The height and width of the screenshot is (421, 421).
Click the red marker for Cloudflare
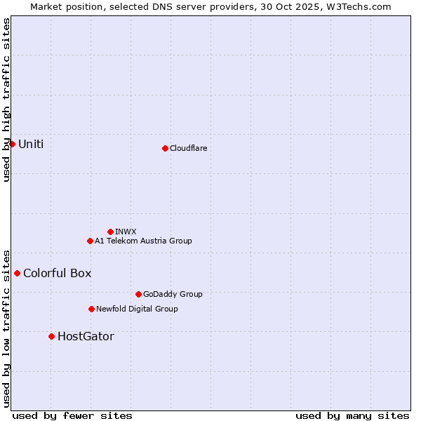click(165, 148)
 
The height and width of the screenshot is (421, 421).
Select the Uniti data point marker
click(12, 144)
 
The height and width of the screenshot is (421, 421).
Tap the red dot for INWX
click(110, 232)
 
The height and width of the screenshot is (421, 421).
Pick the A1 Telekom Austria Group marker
click(90, 241)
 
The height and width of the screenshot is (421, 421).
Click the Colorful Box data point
click(17, 273)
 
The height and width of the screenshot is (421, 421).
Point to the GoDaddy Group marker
click(138, 294)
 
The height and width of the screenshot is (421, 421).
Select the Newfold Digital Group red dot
click(91, 309)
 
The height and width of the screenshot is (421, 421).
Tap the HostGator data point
click(51, 336)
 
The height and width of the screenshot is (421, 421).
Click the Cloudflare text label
click(188, 148)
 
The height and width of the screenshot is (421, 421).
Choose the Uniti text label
click(31, 144)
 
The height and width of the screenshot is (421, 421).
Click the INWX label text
click(126, 232)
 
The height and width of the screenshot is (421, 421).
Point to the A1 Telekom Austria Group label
click(143, 241)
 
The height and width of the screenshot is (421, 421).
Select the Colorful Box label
click(57, 273)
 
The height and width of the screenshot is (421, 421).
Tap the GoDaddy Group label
click(173, 294)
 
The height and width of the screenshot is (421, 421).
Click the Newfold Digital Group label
click(137, 309)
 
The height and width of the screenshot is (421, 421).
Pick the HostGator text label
click(86, 336)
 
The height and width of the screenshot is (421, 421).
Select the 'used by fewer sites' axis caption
click(72, 415)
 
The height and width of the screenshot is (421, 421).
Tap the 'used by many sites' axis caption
click(352, 415)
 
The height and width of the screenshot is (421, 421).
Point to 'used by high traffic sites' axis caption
click(6, 100)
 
